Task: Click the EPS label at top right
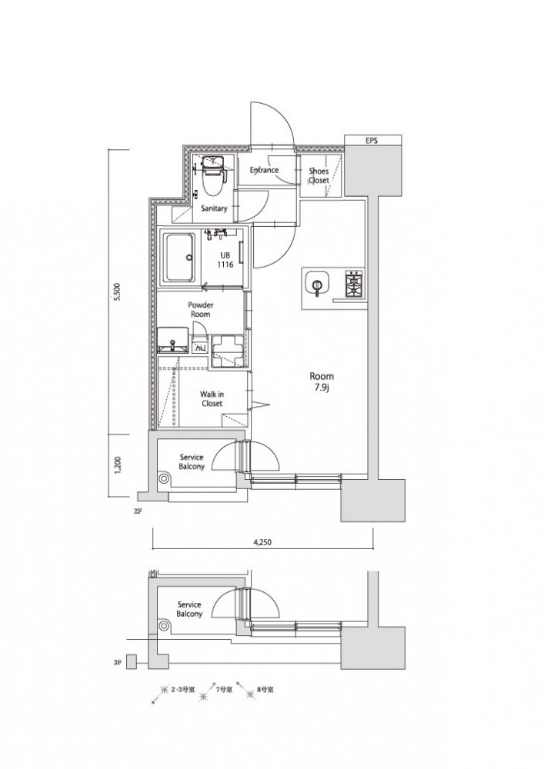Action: coord(372,141)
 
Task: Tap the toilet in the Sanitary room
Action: coord(213,173)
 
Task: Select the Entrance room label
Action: coord(264,170)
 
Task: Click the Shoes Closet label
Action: coord(319,175)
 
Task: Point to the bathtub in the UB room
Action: coord(179,257)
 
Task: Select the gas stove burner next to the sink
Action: coord(354,284)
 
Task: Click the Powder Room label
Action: coord(201,309)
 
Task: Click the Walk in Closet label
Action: coord(212,398)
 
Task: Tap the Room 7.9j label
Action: coord(322,381)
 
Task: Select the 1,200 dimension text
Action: coord(117,466)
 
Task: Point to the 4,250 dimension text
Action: coord(262,542)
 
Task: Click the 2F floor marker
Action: coord(137,511)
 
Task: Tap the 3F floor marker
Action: coord(116,662)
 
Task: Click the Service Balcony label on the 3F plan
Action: coord(189,609)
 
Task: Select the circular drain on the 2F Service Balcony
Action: coord(163,478)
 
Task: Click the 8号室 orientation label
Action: coord(265,690)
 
